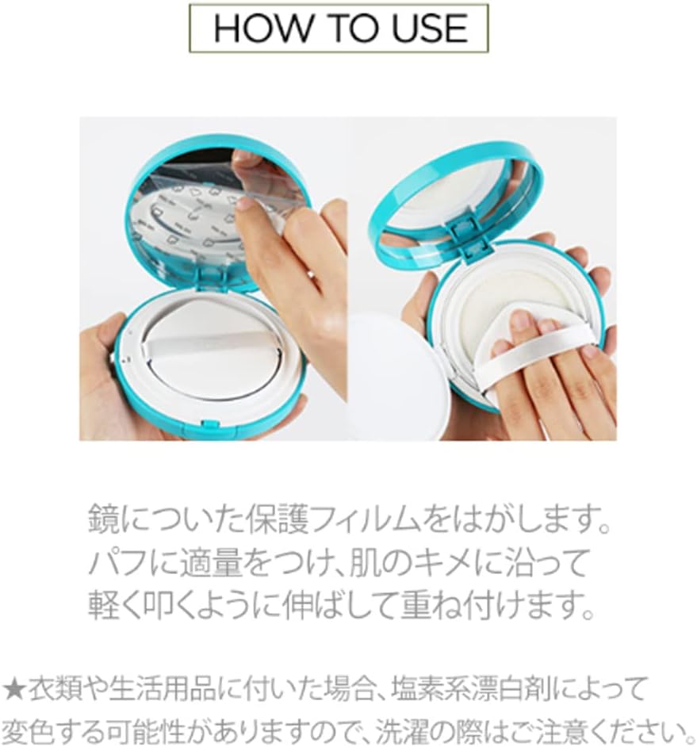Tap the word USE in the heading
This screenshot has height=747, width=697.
pyautogui.click(x=430, y=28)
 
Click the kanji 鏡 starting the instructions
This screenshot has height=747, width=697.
pyautogui.click(x=103, y=519)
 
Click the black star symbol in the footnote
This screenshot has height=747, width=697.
pyautogui.click(x=13, y=689)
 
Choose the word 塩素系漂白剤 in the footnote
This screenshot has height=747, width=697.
pyautogui.click(x=471, y=689)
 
